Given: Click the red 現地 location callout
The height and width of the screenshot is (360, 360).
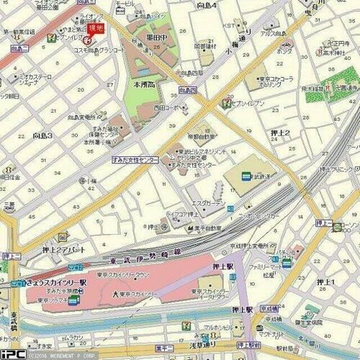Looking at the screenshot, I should point(95,27).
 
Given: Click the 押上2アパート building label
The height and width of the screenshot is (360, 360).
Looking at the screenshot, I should point(64,250).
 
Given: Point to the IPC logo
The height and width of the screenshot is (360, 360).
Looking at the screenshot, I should point(13,354).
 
